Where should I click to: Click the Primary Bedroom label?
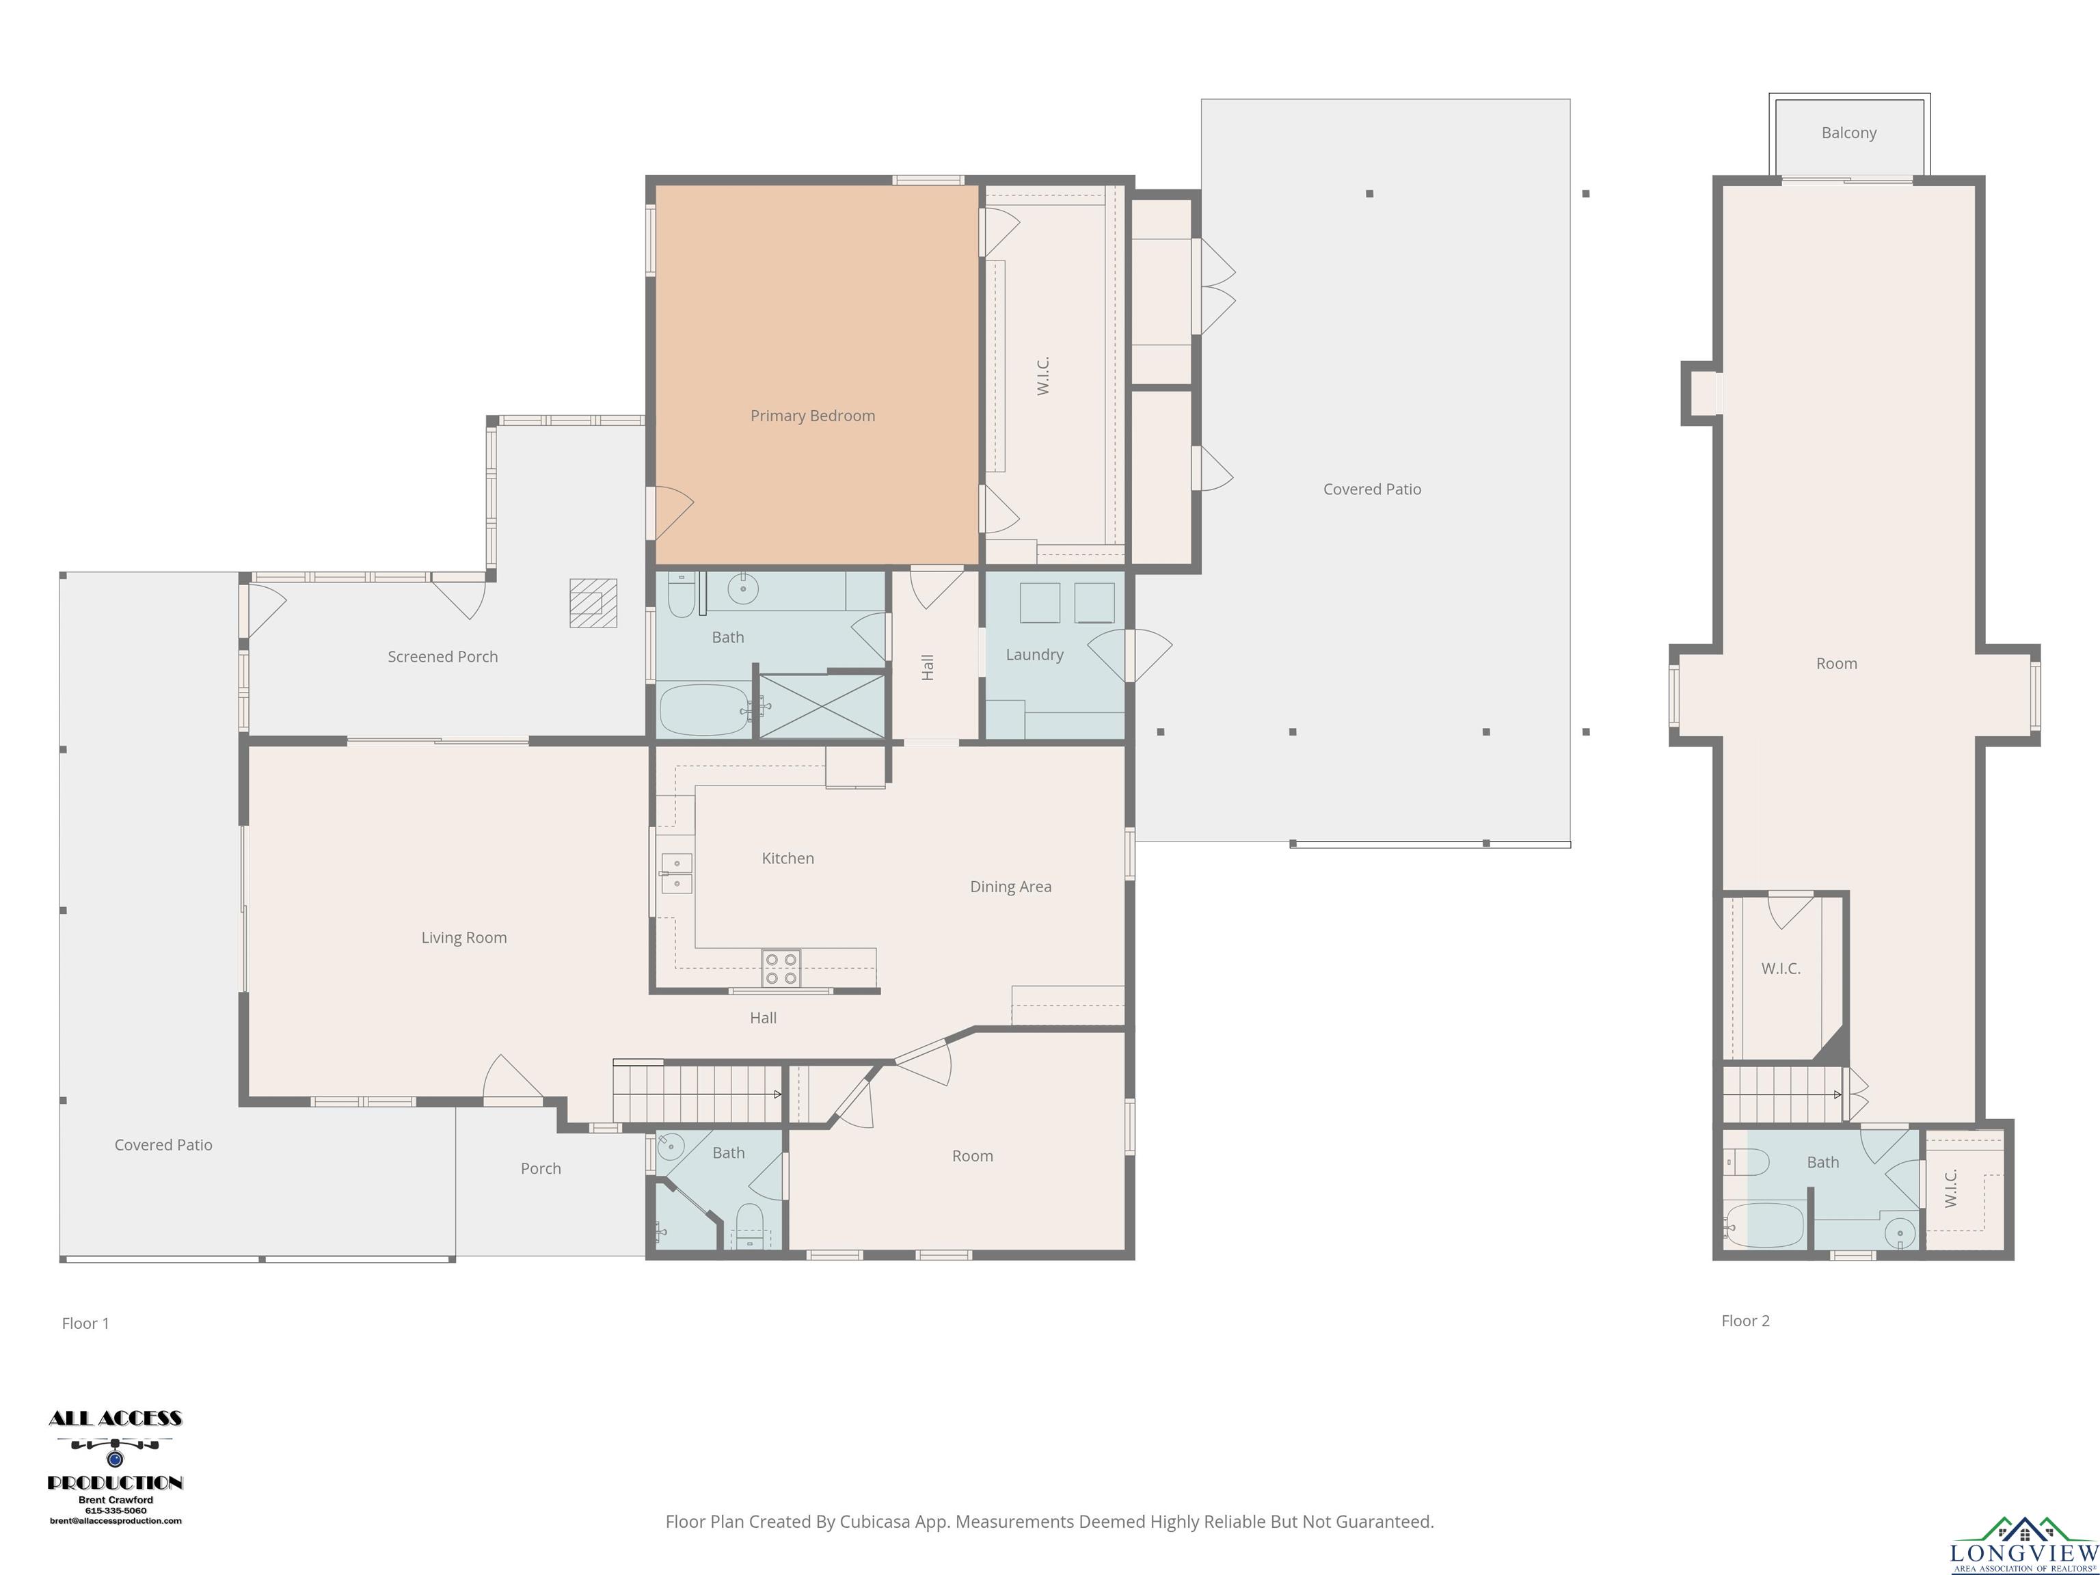click(813, 416)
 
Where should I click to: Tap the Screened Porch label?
click(442, 657)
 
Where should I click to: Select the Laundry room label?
click(1035, 655)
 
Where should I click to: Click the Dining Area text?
click(1010, 887)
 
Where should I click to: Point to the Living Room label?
click(464, 938)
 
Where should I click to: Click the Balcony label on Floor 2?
click(1848, 133)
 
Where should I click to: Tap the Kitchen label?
click(788, 858)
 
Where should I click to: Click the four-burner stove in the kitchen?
click(781, 969)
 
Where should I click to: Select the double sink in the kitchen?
click(676, 874)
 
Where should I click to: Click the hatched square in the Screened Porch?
click(593, 603)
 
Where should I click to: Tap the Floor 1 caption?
click(85, 1323)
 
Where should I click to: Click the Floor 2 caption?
click(1745, 1321)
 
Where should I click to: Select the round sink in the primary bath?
click(742, 589)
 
